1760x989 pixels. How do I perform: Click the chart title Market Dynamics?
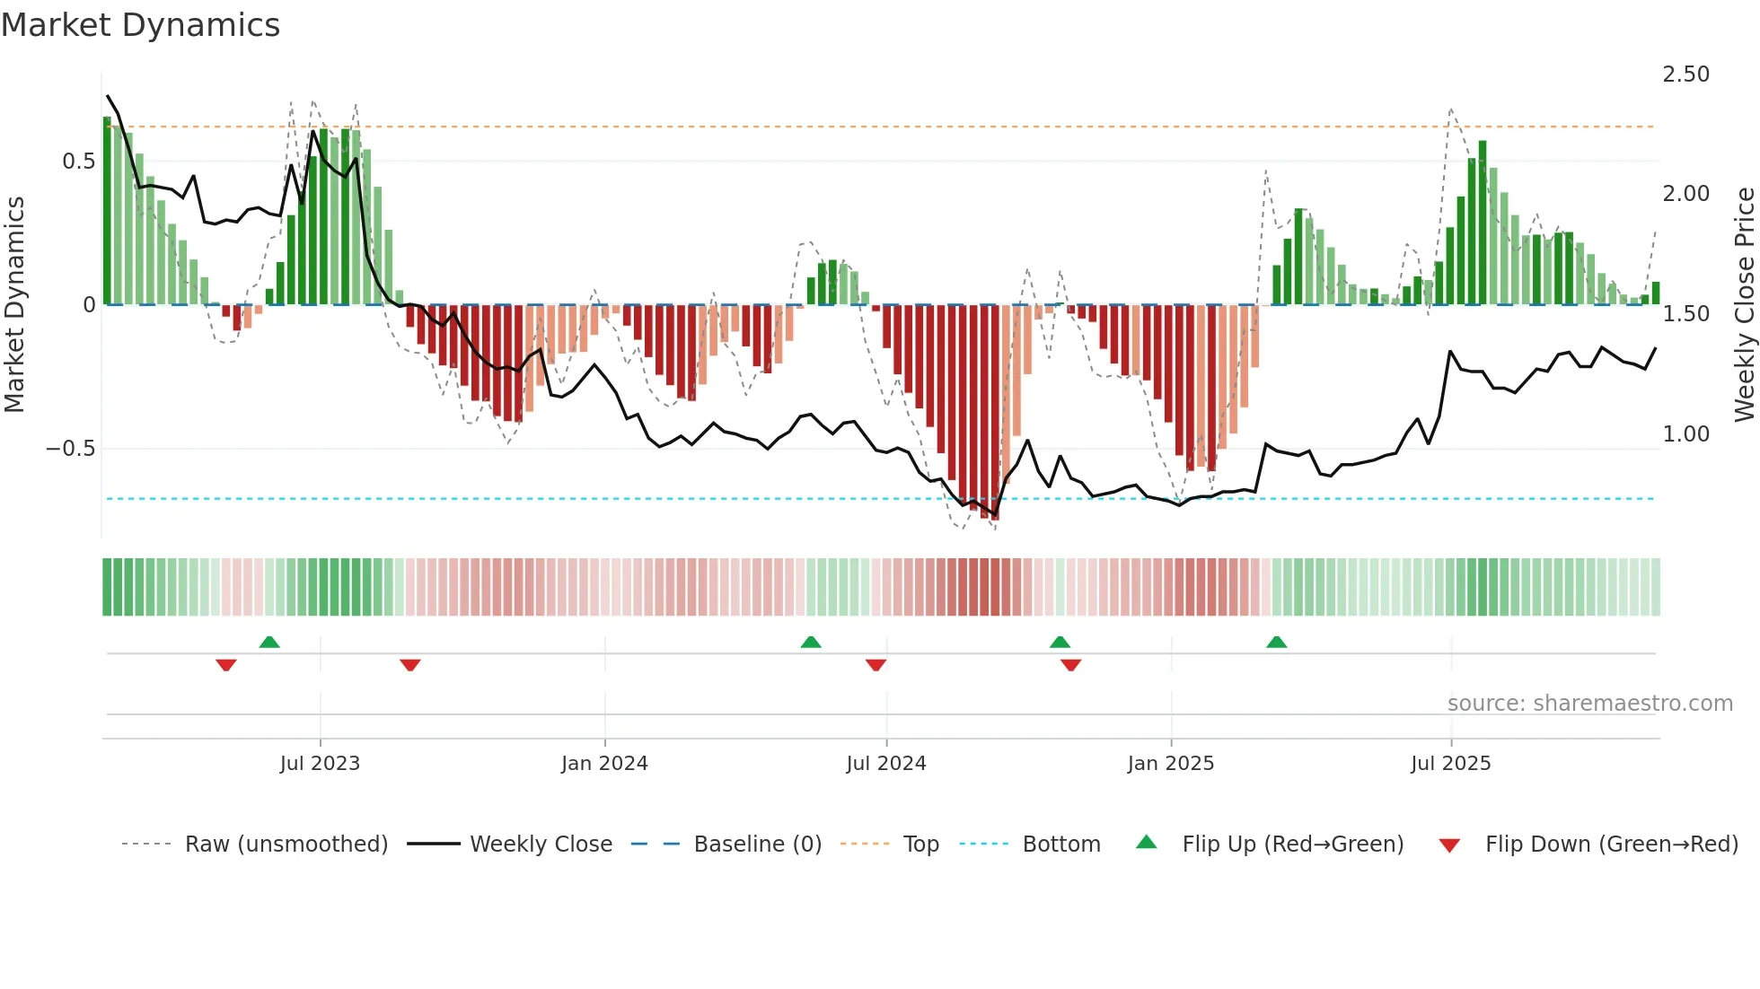pos(141,25)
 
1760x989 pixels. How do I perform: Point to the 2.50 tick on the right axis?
pos(1685,74)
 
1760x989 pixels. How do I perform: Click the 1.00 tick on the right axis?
pos(1685,434)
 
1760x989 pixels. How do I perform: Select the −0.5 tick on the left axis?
pos(71,449)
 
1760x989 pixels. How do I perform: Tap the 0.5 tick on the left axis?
pos(78,162)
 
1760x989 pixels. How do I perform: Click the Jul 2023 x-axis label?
pos(320,764)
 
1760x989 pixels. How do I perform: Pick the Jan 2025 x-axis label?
pos(1171,764)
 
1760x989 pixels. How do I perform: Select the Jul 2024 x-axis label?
pos(886,764)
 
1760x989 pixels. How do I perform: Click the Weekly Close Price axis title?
pos(1744,305)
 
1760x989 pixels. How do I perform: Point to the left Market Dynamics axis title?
pos(14,305)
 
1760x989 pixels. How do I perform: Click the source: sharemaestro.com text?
pos(1589,704)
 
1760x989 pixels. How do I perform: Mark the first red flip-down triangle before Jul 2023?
pos(226,665)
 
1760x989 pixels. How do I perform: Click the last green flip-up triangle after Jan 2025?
pos(1276,642)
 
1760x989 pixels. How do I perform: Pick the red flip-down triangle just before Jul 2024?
pos(876,665)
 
